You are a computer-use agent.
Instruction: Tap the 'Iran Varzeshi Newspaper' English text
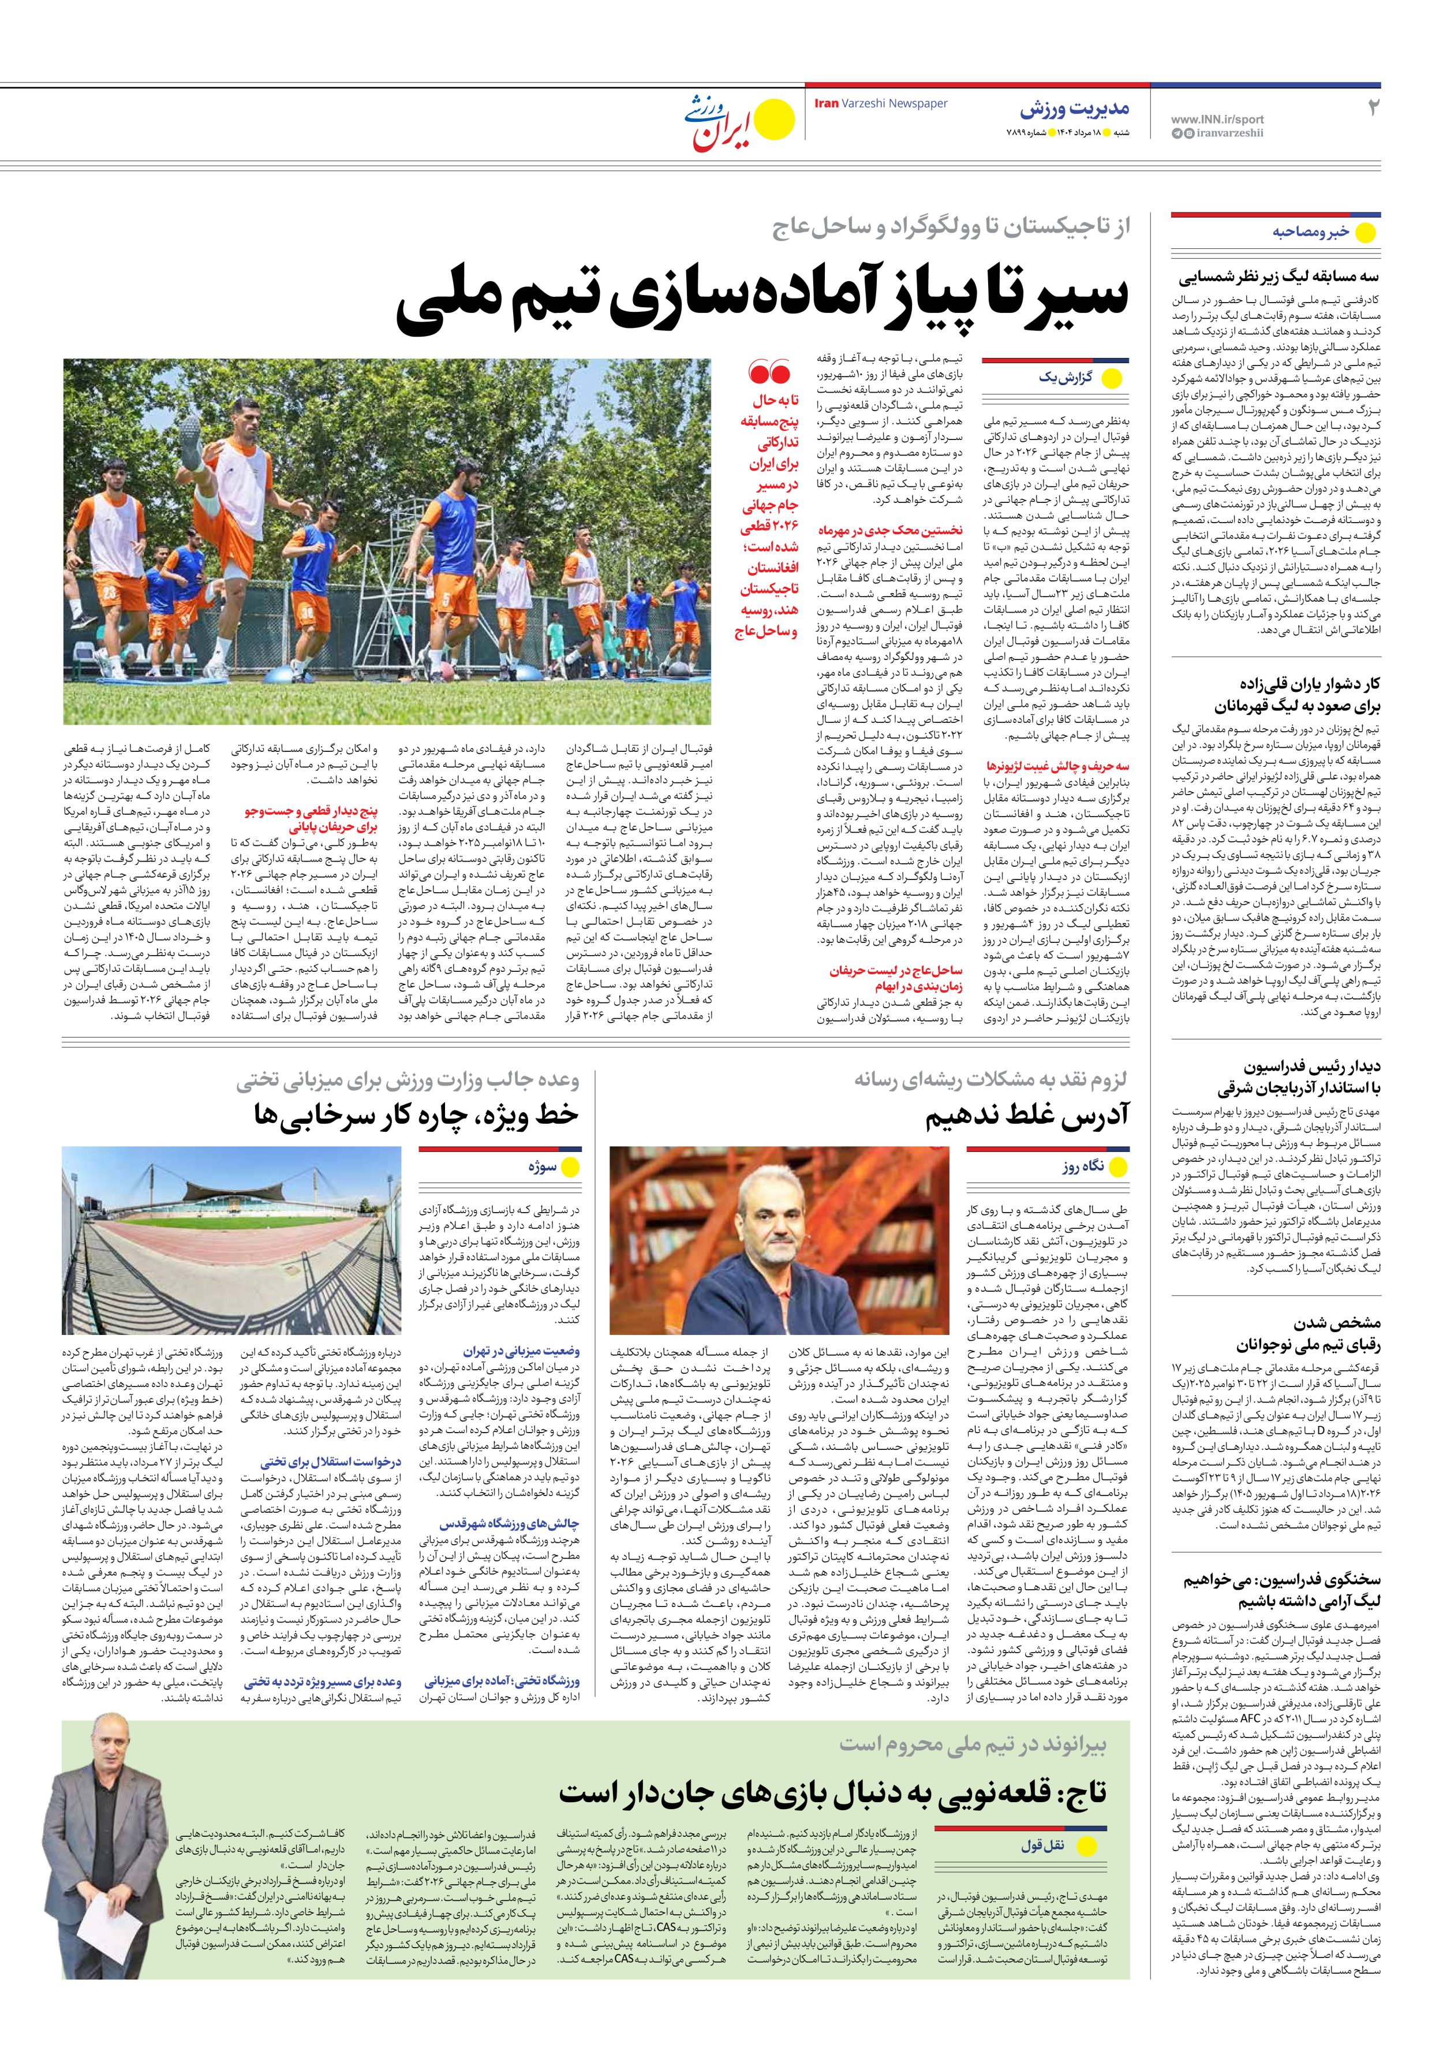tap(880, 103)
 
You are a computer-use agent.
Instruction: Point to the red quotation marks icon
tap(769, 372)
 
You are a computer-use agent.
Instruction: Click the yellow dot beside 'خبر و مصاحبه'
tap(1365, 233)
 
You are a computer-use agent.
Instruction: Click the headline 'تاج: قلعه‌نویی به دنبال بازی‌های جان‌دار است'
tap(832, 1792)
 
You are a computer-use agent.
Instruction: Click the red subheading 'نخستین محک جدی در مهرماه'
tap(889, 531)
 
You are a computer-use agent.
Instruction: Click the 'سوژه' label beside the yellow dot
tap(543, 1166)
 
